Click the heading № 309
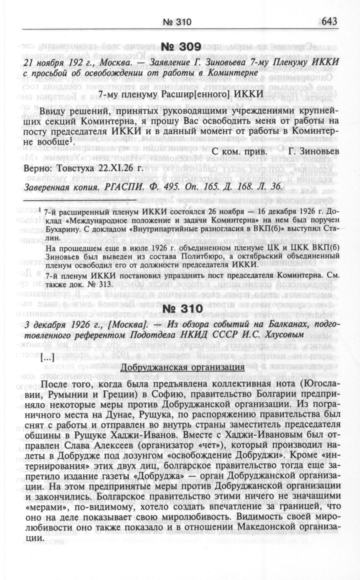coord(180,47)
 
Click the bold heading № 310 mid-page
coord(180,309)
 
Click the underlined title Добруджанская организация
coord(183,367)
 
